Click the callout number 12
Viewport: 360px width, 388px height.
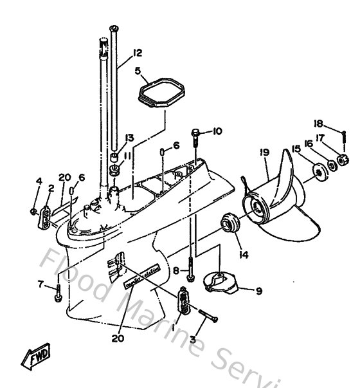pos(137,53)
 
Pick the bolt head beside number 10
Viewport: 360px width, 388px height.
pos(195,133)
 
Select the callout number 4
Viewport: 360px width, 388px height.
pos(39,181)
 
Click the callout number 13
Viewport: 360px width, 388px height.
pos(129,138)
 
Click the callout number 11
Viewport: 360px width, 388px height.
pos(129,155)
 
